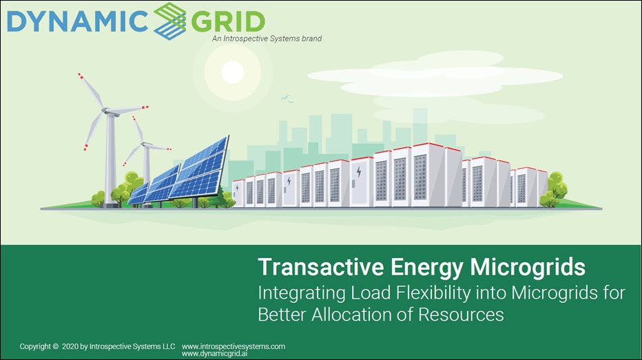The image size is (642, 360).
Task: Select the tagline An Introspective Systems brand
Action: (x=267, y=39)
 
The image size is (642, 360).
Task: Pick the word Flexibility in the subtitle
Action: (x=406, y=293)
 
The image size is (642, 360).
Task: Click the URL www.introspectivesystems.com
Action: (x=233, y=346)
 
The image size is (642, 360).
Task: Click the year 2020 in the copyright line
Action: (x=70, y=347)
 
